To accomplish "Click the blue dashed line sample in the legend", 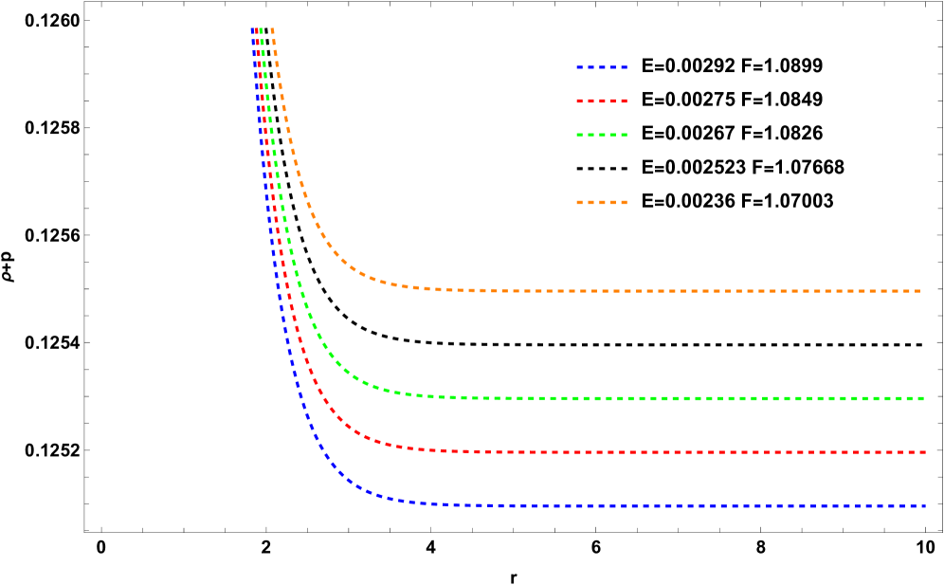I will click(602, 68).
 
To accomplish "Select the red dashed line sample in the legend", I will click(602, 101).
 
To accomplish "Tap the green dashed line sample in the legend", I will click(602, 136).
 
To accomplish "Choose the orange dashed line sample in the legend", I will click(602, 203).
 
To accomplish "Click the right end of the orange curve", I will click(918, 291).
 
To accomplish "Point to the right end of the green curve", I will click(920, 399).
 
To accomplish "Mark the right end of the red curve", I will click(923, 452).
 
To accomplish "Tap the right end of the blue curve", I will click(923, 506).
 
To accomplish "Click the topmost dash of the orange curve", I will click(272, 31).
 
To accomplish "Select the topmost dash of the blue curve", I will click(253, 31).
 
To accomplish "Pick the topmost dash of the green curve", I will click(262, 31).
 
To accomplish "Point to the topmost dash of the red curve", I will click(257, 31).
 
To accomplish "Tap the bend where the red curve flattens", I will click(365, 437).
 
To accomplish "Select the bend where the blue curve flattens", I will click(365, 490).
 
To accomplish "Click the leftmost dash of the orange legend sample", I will click(579, 203).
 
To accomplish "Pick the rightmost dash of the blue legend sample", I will click(624, 68).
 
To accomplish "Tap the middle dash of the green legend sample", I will click(602, 136).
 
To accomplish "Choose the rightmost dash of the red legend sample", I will click(624, 101).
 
